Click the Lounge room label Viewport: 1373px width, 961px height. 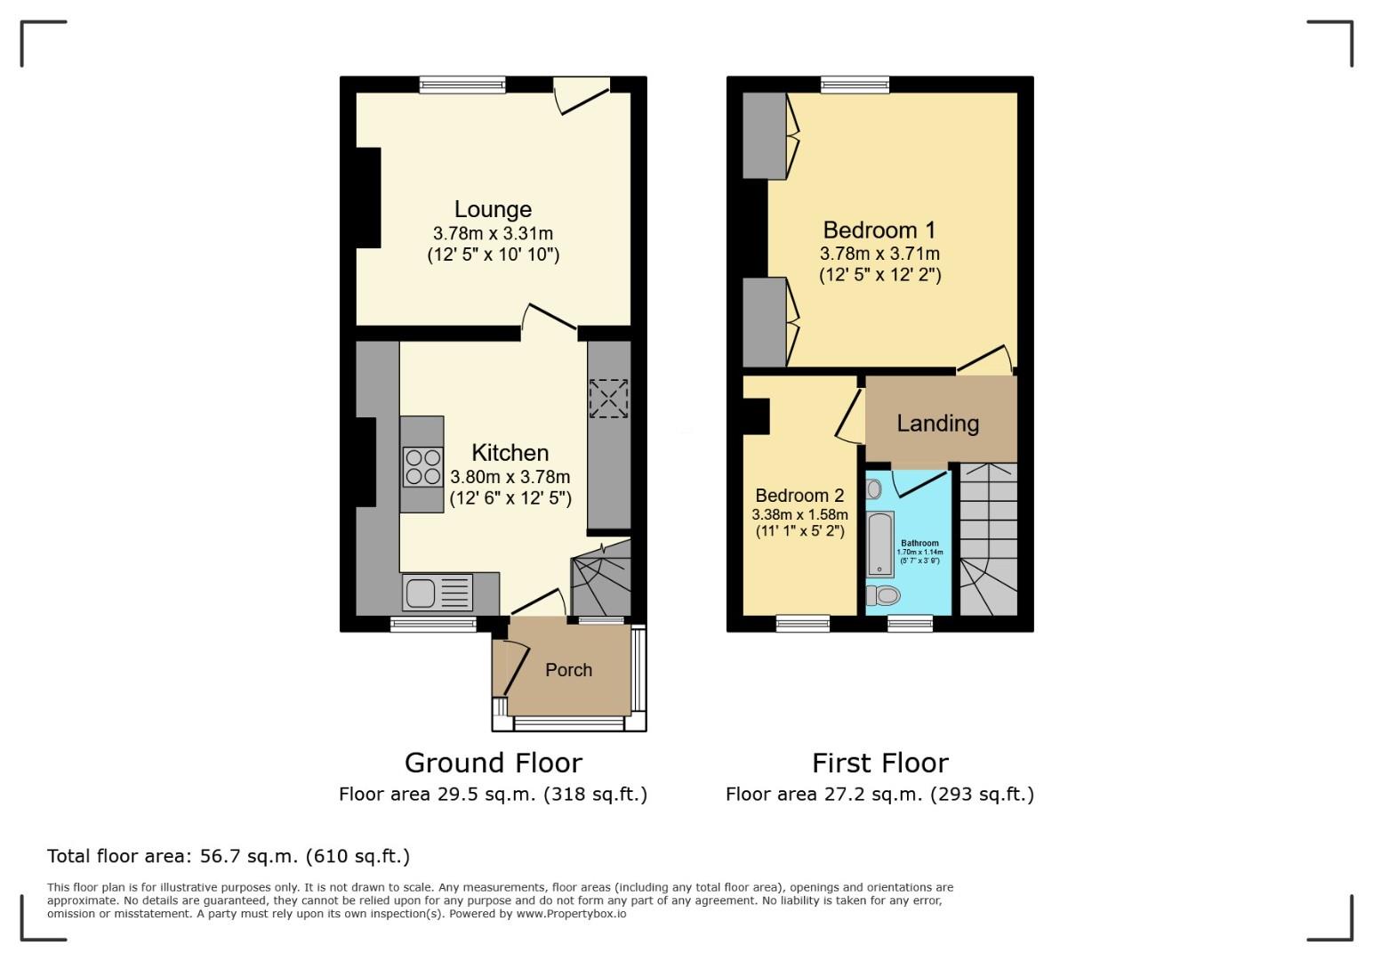click(493, 209)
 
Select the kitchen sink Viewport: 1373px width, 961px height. click(438, 593)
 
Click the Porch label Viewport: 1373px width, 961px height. click(568, 670)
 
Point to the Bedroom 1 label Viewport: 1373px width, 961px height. click(879, 230)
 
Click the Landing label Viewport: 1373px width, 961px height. click(937, 424)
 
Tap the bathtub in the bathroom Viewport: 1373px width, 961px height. click(880, 543)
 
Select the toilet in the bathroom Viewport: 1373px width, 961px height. click(883, 594)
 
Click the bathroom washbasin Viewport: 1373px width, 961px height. click(874, 489)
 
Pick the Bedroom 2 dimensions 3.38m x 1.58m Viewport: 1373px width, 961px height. click(799, 514)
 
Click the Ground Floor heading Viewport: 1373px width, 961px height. click(493, 763)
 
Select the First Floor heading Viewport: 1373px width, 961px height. click(879, 763)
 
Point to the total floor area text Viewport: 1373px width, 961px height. click(229, 856)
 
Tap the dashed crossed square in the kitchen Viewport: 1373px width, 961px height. click(608, 398)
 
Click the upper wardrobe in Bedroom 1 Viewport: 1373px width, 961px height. click(764, 135)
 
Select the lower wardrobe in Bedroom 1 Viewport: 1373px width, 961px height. click(764, 322)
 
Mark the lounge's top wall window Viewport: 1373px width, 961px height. click(462, 85)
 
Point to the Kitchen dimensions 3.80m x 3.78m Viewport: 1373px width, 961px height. click(510, 477)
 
